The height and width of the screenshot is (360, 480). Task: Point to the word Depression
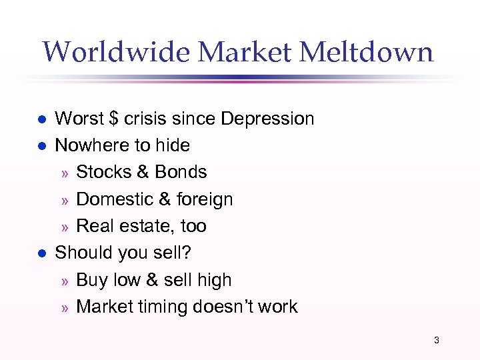tap(267, 119)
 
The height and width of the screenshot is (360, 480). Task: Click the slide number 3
tap(437, 340)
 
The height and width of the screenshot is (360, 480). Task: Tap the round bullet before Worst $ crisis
tap(41, 119)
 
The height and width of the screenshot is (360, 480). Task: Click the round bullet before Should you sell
tap(41, 253)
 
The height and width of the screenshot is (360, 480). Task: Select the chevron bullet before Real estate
tap(65, 227)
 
